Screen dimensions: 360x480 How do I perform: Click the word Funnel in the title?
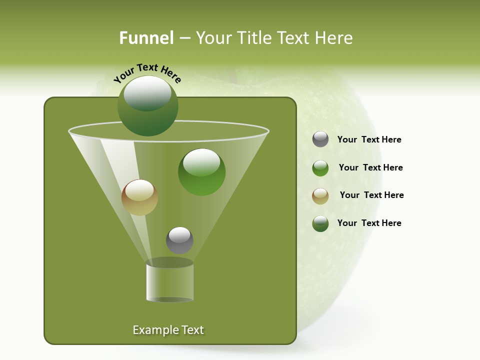tap(146, 38)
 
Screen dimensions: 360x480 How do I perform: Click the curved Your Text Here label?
tap(147, 72)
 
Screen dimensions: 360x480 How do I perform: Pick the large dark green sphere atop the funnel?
tap(148, 106)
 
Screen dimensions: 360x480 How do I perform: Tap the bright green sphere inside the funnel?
tap(201, 172)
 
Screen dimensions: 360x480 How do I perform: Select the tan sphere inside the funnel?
tap(139, 197)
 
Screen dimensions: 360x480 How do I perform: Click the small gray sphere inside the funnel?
tap(179, 240)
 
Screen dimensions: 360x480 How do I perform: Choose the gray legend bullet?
tap(320, 139)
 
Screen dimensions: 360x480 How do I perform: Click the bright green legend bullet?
tap(320, 168)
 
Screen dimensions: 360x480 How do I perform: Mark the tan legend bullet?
tap(320, 196)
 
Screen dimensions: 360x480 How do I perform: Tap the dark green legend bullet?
tap(320, 223)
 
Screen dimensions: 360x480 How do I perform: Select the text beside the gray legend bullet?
tap(369, 139)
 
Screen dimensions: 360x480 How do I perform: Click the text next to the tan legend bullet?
tap(371, 195)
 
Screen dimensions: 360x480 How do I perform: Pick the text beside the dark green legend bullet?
tap(369, 223)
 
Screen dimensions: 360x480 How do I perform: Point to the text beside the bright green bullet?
tap(370, 167)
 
